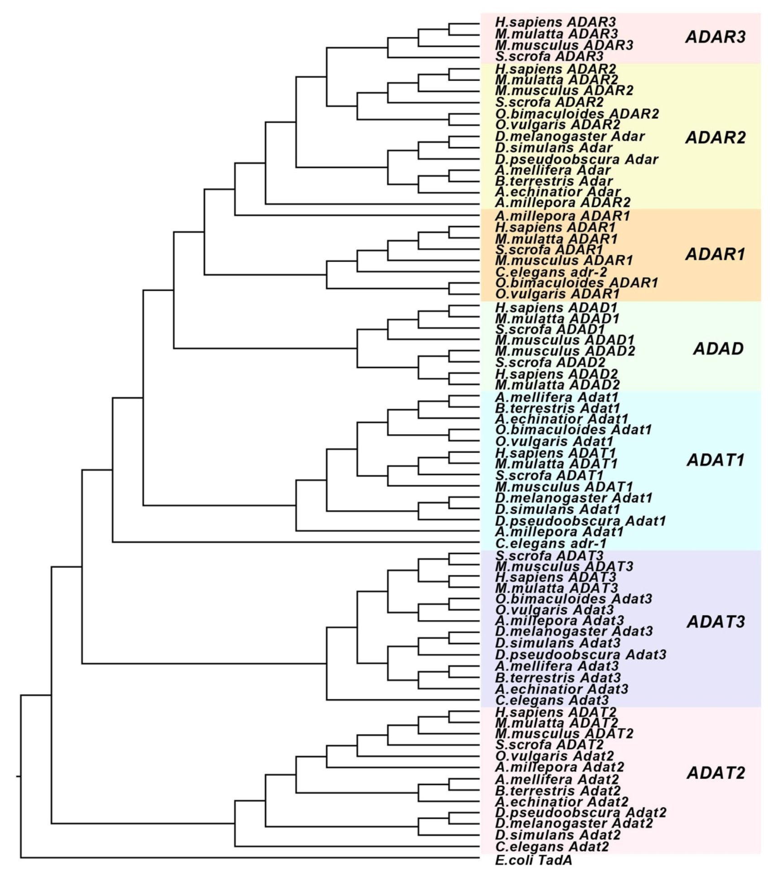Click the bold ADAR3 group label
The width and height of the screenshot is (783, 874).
tap(715, 37)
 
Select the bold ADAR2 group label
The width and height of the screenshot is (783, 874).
tap(715, 138)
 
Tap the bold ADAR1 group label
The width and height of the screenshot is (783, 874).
tap(715, 254)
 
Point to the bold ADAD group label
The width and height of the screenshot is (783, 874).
tap(718, 349)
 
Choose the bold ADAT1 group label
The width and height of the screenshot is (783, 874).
tap(716, 460)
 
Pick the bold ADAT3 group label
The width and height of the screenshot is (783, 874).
tap(716, 622)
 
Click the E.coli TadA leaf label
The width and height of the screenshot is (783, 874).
tap(533, 860)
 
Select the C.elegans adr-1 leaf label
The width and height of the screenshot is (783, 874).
tap(551, 544)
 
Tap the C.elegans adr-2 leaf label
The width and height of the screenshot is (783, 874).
tap(551, 272)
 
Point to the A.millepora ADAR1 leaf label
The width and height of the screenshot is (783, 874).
tap(562, 216)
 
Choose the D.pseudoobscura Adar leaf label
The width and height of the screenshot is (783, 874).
tap(576, 160)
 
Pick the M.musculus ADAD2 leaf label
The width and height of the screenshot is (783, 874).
tap(565, 351)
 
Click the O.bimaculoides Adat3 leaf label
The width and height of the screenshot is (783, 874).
tap(574, 599)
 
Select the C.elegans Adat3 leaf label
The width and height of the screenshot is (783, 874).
tap(552, 701)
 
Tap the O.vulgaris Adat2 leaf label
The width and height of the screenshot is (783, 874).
tap(554, 756)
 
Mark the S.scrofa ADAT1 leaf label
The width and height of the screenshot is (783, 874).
tap(549, 476)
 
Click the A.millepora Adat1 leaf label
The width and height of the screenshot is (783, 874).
tap(559, 532)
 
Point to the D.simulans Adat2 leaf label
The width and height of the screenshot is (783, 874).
tap(558, 835)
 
